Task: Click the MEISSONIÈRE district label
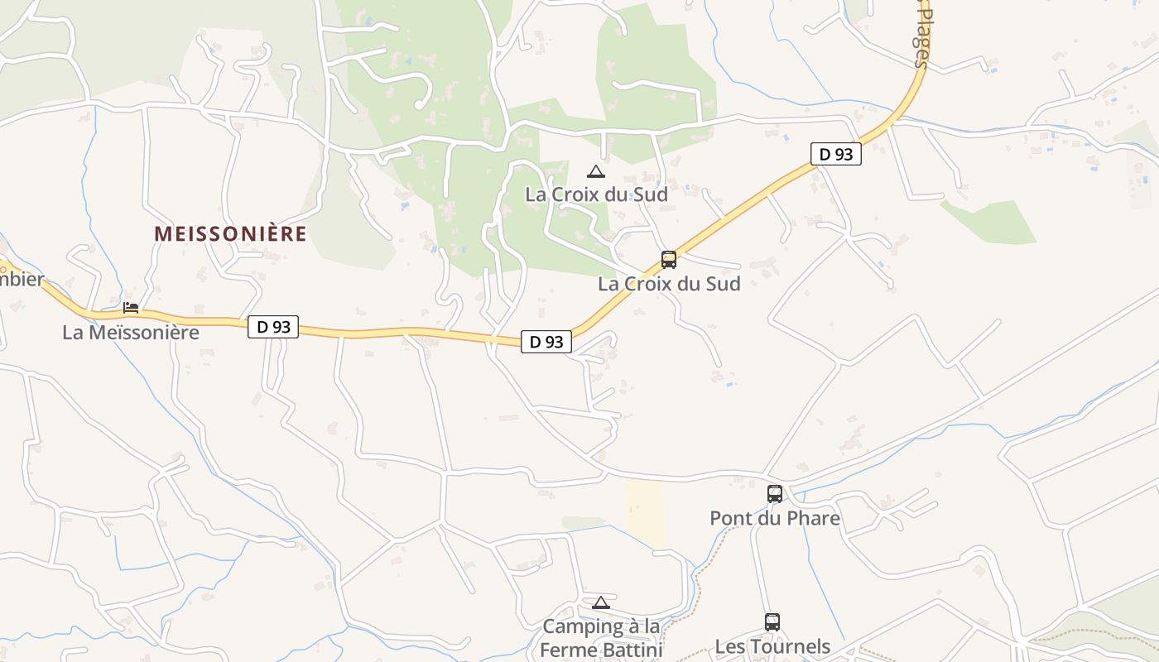[x=230, y=234]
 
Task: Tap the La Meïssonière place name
[x=131, y=333]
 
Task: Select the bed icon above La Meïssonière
[x=131, y=308]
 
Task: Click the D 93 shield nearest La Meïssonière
[x=273, y=327]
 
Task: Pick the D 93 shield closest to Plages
[x=835, y=154]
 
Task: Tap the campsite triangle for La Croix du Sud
[x=595, y=172]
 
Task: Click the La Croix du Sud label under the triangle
[x=596, y=194]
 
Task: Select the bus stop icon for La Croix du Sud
[x=669, y=260]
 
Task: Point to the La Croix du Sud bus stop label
[x=669, y=283]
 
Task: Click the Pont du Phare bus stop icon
[x=775, y=494]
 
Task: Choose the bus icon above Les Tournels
[x=772, y=622]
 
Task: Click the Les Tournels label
[x=772, y=646]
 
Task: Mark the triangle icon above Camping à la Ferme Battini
[x=600, y=602]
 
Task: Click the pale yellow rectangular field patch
[x=645, y=513]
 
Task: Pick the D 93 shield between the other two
[x=546, y=342]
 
